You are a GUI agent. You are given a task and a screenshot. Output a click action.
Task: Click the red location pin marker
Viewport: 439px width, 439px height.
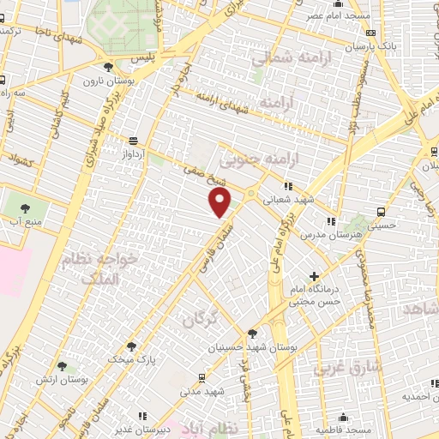click(220, 202)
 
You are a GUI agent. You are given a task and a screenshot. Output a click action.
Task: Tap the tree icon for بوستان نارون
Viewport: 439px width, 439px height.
click(107, 67)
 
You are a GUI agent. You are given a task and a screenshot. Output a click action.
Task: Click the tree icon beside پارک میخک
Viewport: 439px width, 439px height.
click(130, 346)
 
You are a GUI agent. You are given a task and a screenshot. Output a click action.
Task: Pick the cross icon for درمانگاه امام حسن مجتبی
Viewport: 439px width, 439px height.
click(315, 277)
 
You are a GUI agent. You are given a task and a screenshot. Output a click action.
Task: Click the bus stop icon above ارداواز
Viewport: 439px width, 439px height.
click(133, 141)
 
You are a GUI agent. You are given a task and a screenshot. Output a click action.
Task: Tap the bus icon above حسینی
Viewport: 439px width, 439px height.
click(381, 212)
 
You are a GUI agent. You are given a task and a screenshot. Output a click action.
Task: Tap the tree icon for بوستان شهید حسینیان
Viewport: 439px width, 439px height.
click(251, 334)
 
